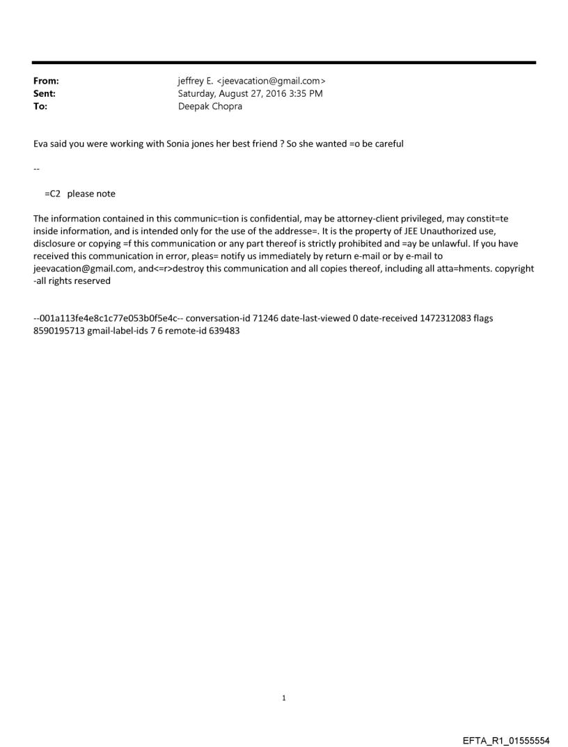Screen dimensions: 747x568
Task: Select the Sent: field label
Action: coord(45,93)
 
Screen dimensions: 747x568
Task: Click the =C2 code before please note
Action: coord(53,194)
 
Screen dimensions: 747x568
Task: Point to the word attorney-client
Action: coord(367,218)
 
